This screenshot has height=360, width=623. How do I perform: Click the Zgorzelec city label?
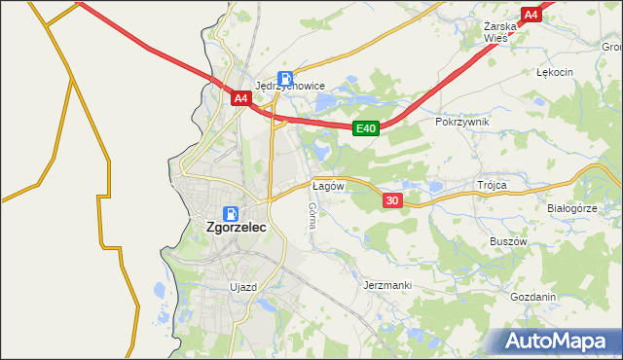(x=237, y=229)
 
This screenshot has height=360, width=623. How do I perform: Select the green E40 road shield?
(x=365, y=127)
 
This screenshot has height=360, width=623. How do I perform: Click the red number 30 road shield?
(x=392, y=200)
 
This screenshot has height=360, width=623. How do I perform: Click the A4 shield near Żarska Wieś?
(x=531, y=15)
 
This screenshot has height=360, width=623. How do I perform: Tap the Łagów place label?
(x=328, y=185)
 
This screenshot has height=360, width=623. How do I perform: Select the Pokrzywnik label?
(x=462, y=122)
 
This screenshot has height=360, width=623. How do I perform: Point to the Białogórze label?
(x=571, y=208)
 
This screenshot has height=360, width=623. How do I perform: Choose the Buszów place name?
(x=508, y=241)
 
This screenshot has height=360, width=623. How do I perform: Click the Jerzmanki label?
(x=387, y=285)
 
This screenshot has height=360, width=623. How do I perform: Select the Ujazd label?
(x=242, y=287)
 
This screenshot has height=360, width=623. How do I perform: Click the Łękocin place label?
(x=555, y=72)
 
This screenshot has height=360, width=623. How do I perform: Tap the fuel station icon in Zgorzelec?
(x=231, y=213)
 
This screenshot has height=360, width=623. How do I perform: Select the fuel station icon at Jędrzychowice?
(x=285, y=78)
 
